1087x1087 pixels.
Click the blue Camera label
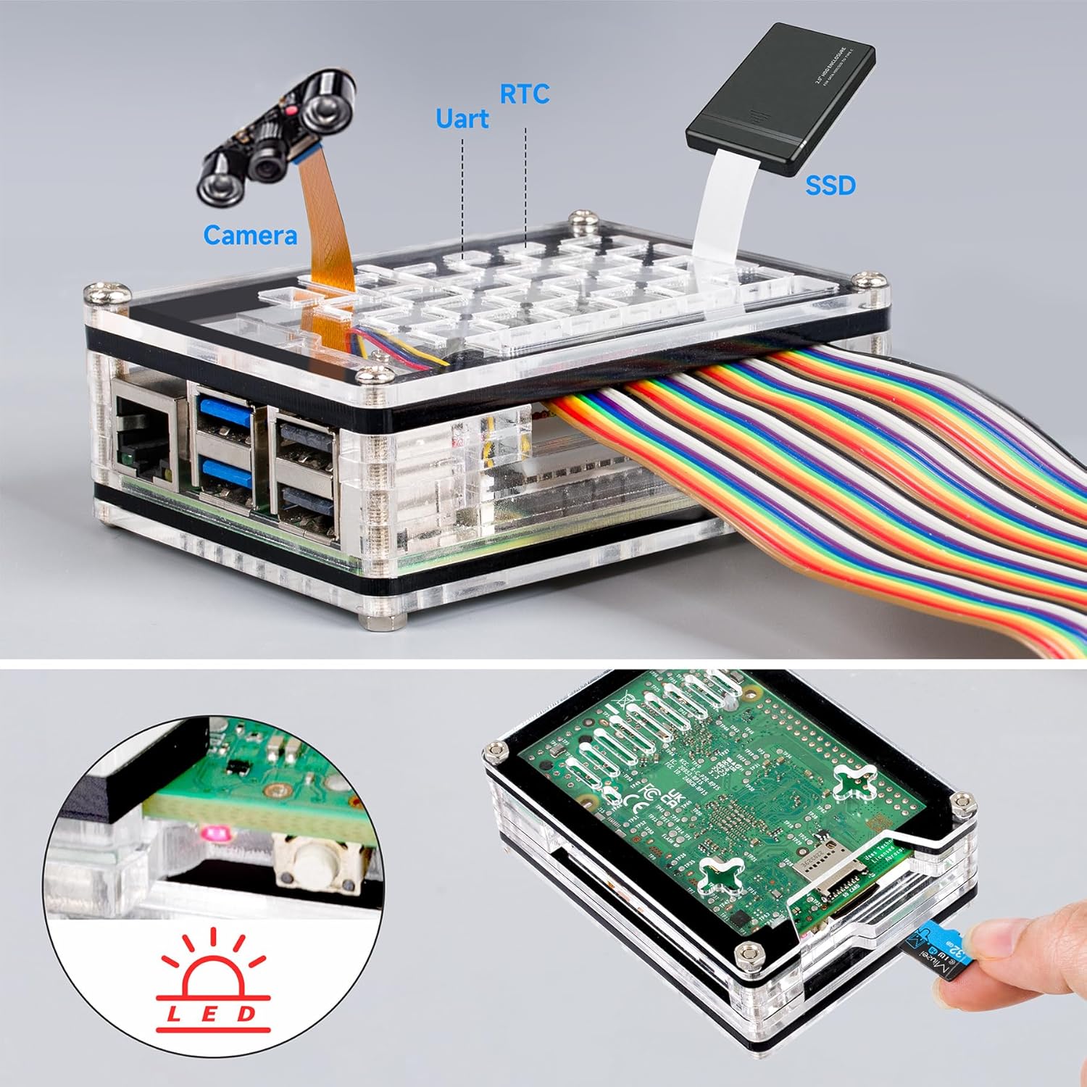[250, 235]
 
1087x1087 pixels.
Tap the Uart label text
[462, 119]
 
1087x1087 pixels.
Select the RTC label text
[525, 93]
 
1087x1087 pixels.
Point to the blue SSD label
[830, 186]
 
